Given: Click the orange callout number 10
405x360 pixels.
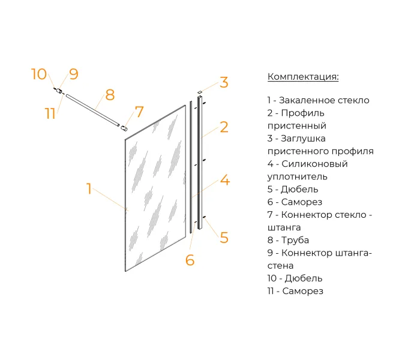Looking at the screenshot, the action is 39,74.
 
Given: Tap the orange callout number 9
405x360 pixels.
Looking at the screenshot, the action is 74,74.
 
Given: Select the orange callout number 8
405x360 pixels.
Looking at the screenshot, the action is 110,95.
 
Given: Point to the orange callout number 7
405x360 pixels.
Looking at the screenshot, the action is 139,112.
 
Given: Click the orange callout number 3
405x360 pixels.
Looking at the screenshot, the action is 224,82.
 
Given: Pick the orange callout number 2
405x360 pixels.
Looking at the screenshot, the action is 224,127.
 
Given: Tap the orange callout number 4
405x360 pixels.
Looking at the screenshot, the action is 225,180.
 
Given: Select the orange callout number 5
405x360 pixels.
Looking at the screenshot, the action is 224,238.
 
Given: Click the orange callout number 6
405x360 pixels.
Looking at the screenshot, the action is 190,260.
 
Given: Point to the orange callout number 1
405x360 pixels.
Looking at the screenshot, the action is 89,188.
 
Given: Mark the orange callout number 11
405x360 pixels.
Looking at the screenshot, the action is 50,113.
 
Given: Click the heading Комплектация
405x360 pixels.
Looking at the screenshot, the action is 303,77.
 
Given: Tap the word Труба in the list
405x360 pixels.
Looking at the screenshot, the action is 295,240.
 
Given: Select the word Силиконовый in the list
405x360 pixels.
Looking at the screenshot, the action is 314,164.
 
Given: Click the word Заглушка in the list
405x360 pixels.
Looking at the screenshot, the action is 303,139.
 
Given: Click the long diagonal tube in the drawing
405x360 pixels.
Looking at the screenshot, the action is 93,110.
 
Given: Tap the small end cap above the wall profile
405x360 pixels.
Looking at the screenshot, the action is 199,92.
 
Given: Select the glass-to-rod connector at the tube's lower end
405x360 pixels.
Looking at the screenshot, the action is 124,128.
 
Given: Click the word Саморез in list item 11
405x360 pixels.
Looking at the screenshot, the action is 303,292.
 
